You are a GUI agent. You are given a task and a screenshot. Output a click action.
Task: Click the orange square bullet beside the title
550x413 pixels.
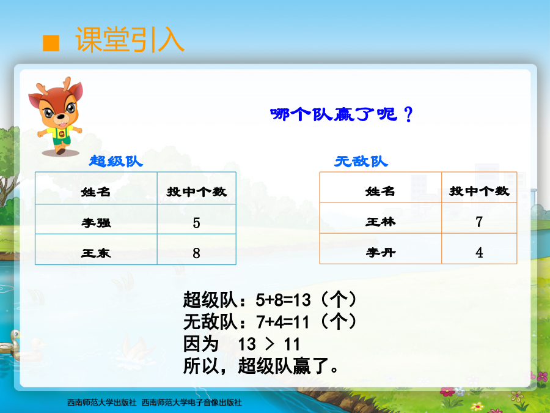click(x=51, y=43)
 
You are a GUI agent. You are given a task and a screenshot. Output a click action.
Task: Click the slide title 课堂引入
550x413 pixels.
click(x=130, y=40)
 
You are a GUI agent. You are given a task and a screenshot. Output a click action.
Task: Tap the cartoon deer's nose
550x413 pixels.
click(x=61, y=117)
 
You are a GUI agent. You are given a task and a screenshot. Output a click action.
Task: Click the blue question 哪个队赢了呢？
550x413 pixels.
click(x=341, y=114)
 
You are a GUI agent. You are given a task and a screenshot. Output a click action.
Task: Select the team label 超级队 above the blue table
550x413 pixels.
click(x=116, y=161)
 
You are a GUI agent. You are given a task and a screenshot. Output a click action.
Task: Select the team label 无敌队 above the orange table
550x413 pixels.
click(x=361, y=162)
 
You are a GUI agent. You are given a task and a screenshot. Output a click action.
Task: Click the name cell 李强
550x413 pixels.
click(x=96, y=223)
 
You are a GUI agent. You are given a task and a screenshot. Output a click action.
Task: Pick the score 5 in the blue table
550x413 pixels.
click(x=196, y=223)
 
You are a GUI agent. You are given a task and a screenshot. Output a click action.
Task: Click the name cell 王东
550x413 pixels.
click(x=96, y=253)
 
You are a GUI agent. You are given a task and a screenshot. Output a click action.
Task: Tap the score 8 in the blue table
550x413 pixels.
click(x=196, y=253)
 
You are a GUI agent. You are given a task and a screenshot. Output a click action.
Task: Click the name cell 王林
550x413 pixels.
click(x=381, y=221)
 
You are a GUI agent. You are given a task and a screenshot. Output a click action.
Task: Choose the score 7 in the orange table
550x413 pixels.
click(x=479, y=222)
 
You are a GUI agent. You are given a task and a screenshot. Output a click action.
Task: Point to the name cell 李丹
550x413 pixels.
click(x=381, y=252)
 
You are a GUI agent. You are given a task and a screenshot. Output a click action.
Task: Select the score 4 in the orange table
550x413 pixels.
click(x=479, y=253)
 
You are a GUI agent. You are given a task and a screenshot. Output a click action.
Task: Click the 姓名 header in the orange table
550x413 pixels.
click(x=380, y=191)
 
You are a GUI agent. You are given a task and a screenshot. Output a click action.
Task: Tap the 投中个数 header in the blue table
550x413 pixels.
click(x=196, y=192)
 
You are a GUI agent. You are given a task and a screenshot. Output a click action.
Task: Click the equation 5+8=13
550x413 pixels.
click(x=284, y=300)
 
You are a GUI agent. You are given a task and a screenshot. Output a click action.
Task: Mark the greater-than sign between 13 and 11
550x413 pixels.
click(x=269, y=344)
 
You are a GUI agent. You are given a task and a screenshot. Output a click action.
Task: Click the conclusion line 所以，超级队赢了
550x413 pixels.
click(x=260, y=366)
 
